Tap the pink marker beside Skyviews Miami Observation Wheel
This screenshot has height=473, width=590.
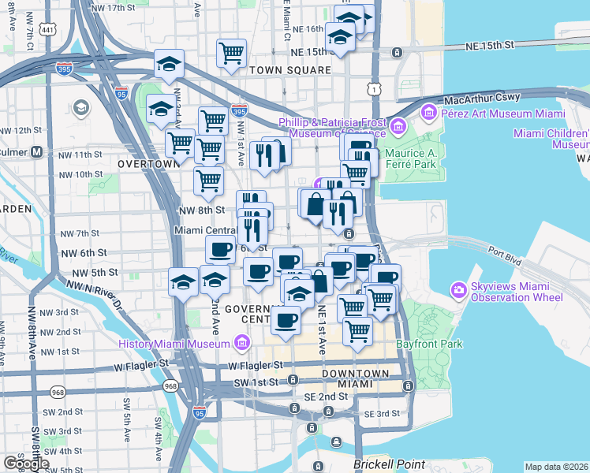click(459, 291)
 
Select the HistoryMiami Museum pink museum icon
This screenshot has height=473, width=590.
click(242, 343)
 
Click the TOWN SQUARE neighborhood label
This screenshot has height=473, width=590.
click(289, 70)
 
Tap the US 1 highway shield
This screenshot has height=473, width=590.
click(372, 90)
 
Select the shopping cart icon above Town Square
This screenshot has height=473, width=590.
click(232, 54)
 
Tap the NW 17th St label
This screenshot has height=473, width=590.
click(112, 8)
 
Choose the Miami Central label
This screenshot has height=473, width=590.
click(205, 230)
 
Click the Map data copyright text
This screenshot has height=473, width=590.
click(556, 467)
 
